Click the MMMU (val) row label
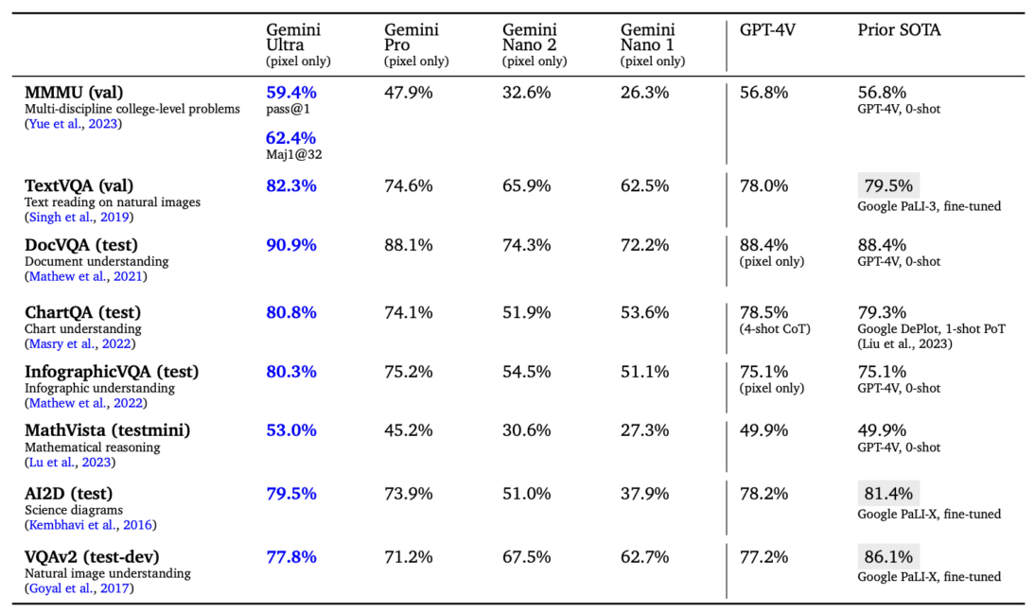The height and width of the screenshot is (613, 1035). [72, 93]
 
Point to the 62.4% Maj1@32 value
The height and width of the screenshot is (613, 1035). [291, 138]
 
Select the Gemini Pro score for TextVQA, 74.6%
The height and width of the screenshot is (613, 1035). [409, 186]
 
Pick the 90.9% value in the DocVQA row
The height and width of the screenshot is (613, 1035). [291, 245]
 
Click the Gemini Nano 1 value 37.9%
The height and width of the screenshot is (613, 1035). [645, 494]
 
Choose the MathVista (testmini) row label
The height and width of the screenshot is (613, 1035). [108, 430]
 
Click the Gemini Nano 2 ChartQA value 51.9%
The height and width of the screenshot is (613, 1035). [527, 312]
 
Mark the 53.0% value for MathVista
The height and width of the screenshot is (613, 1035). [291, 431]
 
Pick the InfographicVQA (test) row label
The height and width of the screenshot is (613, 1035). [112, 372]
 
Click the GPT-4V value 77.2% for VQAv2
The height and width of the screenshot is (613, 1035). [763, 557]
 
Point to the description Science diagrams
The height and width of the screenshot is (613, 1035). [74, 510]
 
